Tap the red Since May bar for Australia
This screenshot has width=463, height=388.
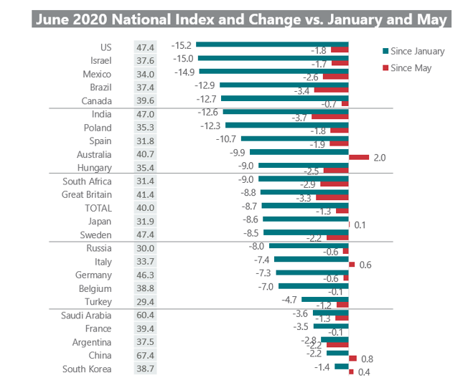click(358, 157)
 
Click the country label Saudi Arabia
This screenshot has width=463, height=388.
click(88, 315)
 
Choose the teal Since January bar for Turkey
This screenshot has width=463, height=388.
click(324, 299)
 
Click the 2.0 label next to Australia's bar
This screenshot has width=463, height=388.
click(380, 157)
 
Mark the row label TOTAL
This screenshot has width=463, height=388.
click(97, 207)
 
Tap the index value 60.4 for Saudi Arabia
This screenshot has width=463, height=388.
click(145, 315)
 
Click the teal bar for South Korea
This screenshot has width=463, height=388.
click(341, 366)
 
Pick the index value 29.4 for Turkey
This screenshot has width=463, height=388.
click(145, 302)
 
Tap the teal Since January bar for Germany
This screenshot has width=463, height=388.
click(312, 273)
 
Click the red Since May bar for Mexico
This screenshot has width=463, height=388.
click(335, 76)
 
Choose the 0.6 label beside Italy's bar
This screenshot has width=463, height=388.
click(365, 265)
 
